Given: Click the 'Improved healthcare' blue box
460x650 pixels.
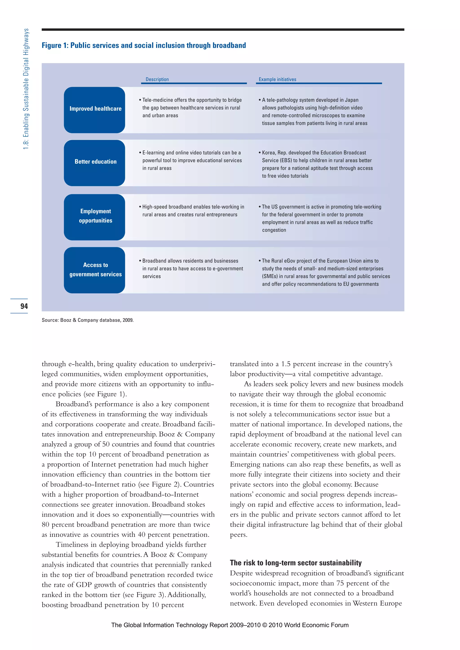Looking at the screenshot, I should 94,110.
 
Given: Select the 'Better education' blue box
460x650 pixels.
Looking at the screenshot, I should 94,163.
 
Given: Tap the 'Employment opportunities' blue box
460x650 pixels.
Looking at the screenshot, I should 94,217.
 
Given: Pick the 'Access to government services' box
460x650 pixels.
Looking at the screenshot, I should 94,270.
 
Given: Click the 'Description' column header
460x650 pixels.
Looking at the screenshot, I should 157,79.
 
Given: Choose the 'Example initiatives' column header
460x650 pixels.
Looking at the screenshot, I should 277,79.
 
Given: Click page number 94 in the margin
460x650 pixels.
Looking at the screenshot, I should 24,306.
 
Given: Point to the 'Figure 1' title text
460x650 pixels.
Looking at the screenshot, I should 144,45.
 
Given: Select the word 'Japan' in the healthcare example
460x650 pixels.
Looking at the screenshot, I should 352,100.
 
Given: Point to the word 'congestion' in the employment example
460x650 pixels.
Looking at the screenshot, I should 274,230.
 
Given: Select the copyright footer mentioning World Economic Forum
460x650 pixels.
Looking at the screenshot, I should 230,625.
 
